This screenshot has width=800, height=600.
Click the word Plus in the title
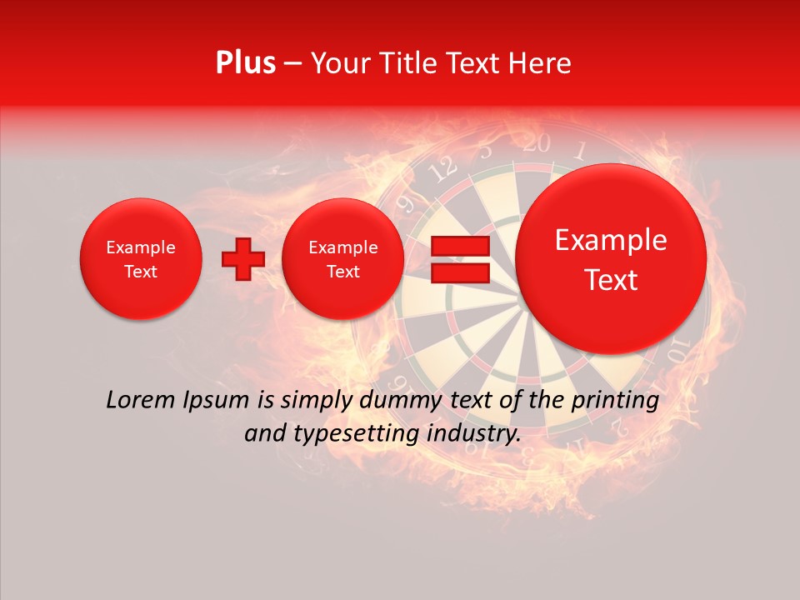(245, 63)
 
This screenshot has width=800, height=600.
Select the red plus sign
(242, 259)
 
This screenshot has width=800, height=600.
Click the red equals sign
(460, 259)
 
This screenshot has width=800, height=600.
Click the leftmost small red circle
(140, 259)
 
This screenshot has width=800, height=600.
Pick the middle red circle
(342, 259)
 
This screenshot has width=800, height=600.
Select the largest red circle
(611, 259)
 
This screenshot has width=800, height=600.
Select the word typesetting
(356, 434)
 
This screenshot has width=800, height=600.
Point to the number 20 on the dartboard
(537, 144)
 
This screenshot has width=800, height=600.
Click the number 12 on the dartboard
(443, 169)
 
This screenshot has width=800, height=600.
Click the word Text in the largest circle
(611, 280)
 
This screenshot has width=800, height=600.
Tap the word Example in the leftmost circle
(140, 247)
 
